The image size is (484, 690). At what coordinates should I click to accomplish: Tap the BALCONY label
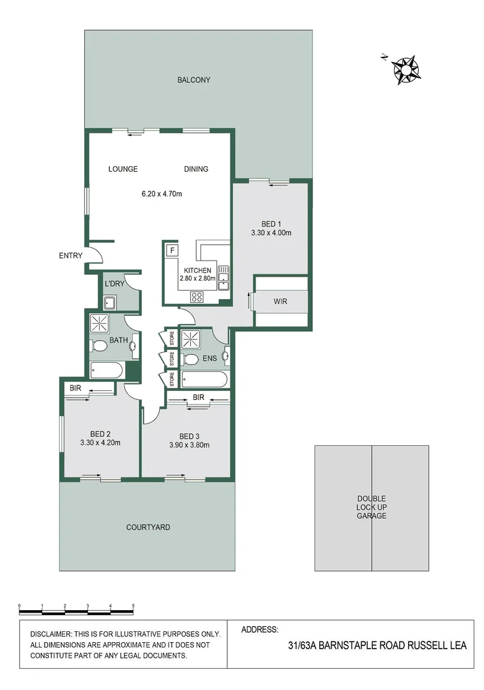click(x=194, y=80)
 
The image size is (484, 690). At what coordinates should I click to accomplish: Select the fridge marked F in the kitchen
click(x=172, y=250)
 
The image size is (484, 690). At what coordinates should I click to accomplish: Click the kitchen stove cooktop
click(x=197, y=296)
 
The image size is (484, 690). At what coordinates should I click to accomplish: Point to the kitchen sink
click(x=223, y=278)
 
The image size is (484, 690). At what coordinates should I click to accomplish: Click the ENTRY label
click(x=71, y=256)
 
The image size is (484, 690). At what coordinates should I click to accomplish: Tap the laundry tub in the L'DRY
click(x=110, y=302)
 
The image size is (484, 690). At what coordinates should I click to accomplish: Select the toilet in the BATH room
click(x=99, y=346)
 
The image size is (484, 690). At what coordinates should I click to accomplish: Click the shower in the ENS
click(x=190, y=339)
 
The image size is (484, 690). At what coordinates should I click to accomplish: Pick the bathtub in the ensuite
click(x=204, y=379)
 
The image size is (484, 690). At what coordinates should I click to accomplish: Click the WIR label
click(x=280, y=301)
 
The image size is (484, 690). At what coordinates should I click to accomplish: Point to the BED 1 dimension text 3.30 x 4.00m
click(x=271, y=233)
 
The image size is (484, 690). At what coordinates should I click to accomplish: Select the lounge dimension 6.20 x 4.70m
click(x=162, y=194)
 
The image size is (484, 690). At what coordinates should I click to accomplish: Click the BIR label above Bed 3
click(x=198, y=397)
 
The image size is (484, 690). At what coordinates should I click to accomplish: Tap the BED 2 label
click(x=100, y=433)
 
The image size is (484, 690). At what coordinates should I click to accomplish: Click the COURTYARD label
click(x=148, y=527)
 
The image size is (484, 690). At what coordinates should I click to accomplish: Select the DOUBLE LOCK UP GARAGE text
click(x=372, y=507)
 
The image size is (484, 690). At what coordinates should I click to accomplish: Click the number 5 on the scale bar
click(x=133, y=605)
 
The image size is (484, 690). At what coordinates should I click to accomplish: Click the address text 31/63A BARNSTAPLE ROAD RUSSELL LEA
click(x=377, y=645)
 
